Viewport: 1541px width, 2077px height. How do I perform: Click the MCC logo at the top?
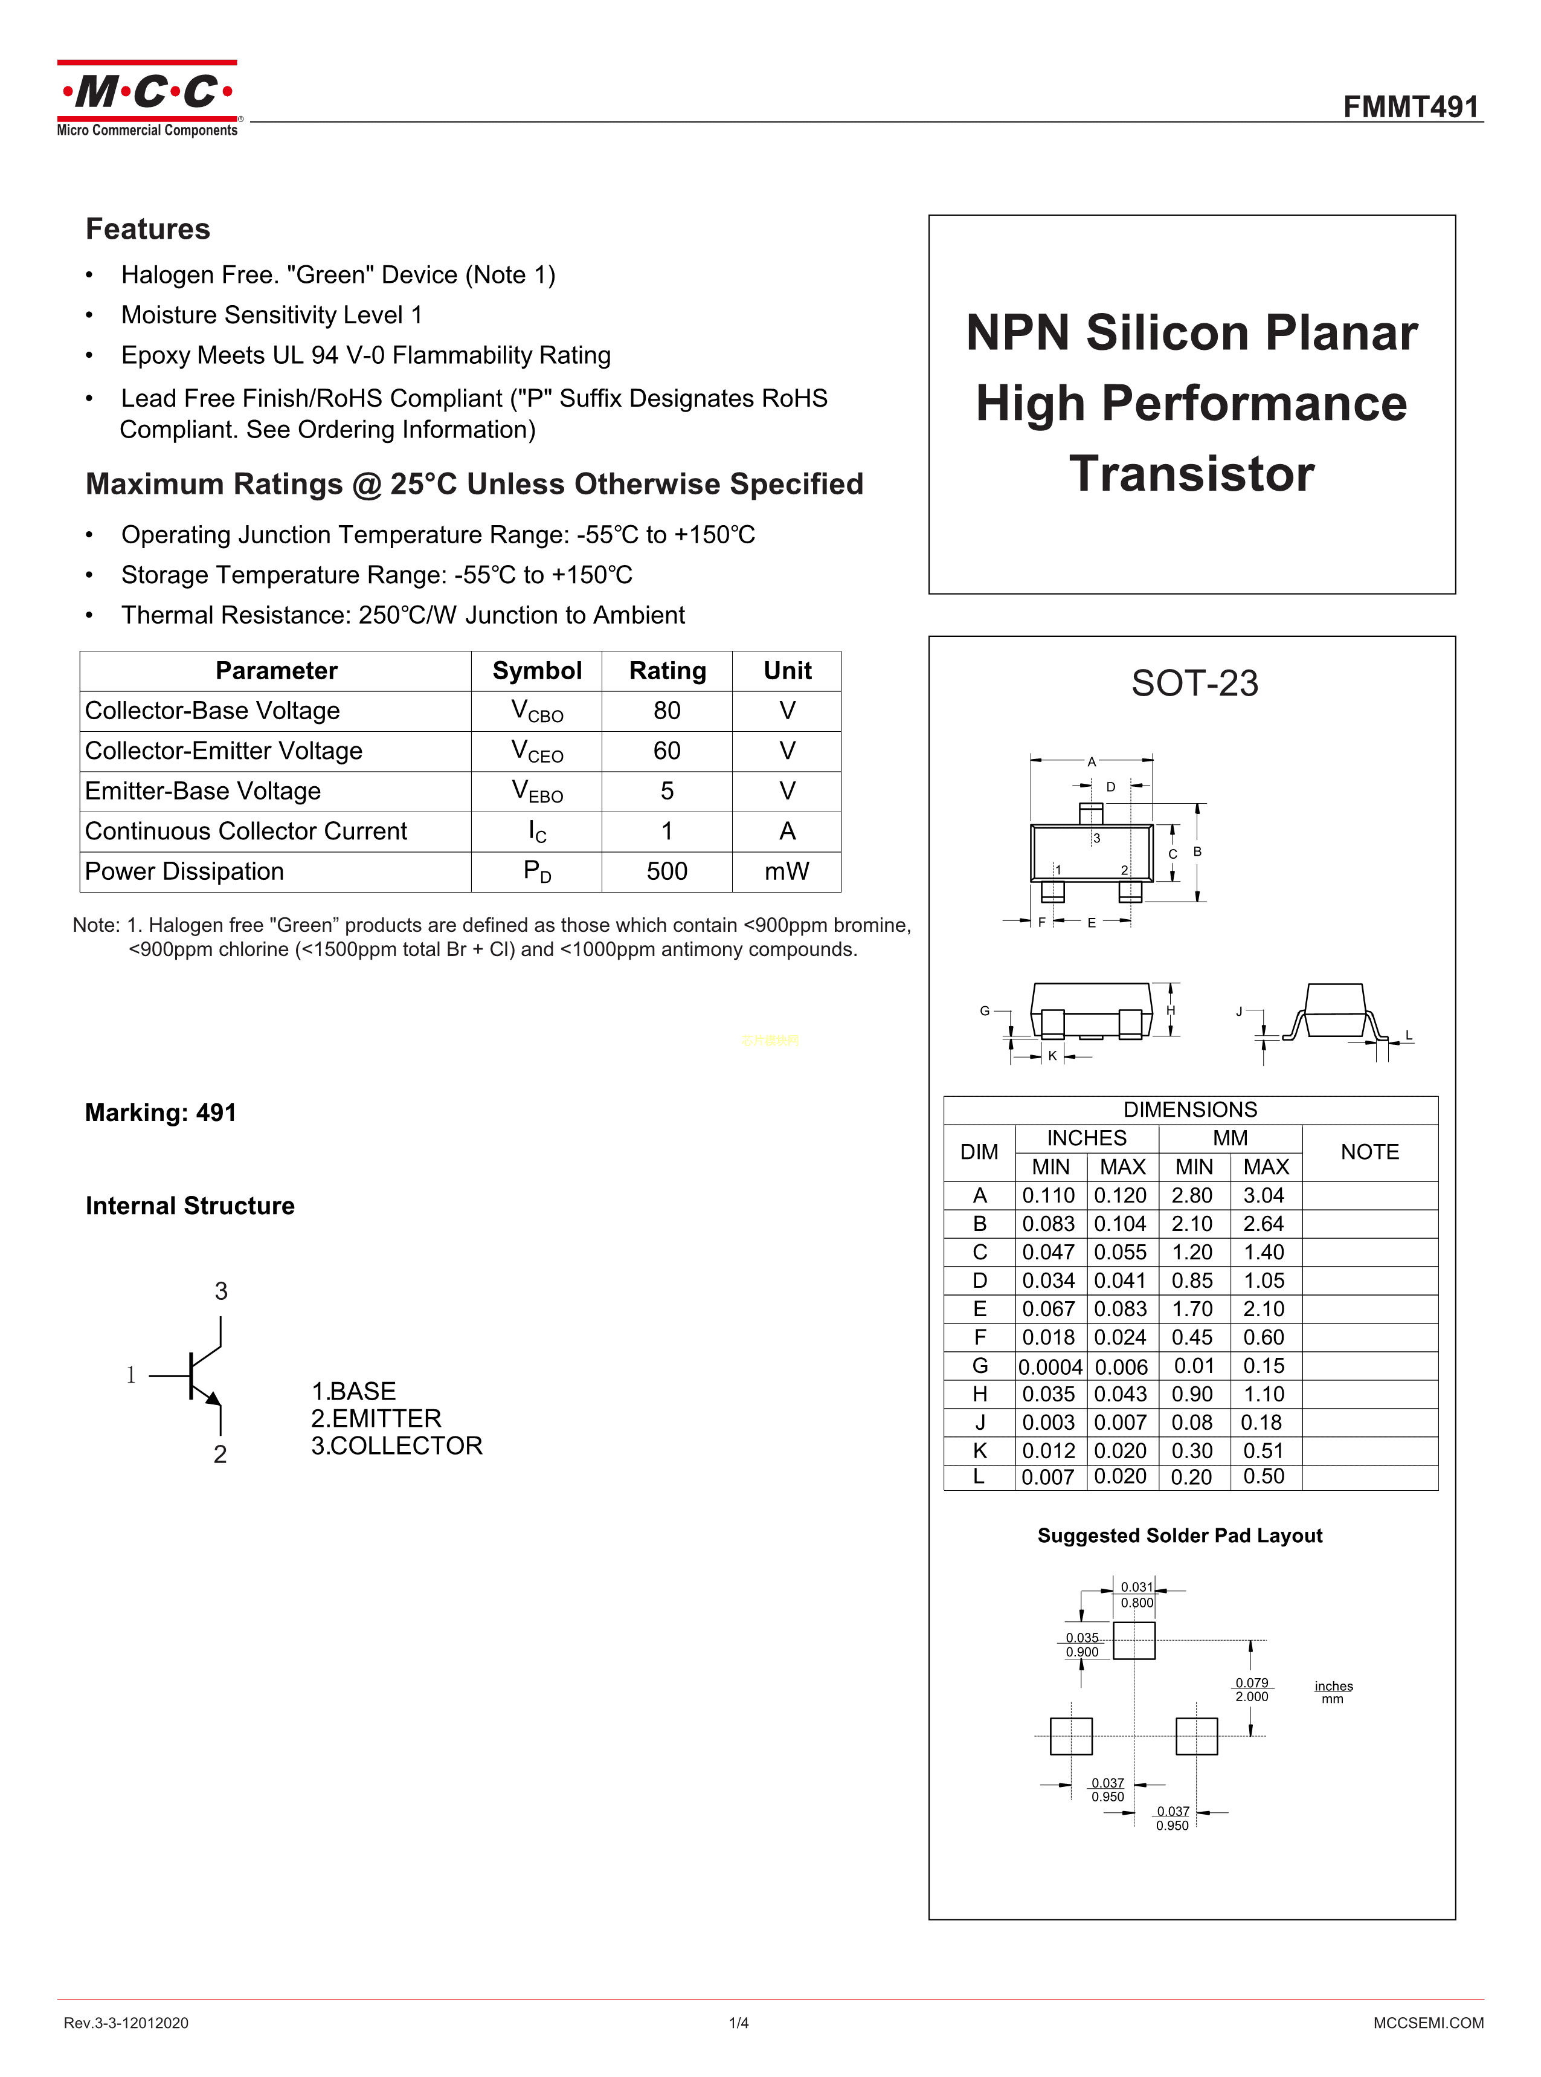(x=147, y=98)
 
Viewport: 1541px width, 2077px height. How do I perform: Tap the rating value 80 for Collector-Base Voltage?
(x=667, y=711)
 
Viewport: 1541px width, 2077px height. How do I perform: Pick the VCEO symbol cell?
(x=537, y=751)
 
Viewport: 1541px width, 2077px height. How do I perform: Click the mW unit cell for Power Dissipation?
(x=787, y=871)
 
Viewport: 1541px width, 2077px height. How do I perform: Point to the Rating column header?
(x=667, y=671)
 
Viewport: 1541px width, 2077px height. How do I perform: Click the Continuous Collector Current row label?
(x=246, y=832)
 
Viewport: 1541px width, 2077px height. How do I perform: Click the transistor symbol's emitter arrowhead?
(x=214, y=1398)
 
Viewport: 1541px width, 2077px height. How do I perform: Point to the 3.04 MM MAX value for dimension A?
(x=1264, y=1195)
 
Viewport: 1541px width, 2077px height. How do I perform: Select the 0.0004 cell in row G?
(x=1050, y=1367)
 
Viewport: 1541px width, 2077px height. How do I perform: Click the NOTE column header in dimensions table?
(x=1369, y=1152)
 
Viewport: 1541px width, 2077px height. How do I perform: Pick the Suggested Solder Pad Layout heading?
(x=1179, y=1536)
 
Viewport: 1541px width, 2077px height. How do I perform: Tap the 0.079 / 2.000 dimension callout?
(x=1251, y=1690)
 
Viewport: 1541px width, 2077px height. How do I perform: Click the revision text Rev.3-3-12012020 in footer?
(x=126, y=2023)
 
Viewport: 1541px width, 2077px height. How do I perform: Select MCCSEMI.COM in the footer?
(x=1427, y=2023)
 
